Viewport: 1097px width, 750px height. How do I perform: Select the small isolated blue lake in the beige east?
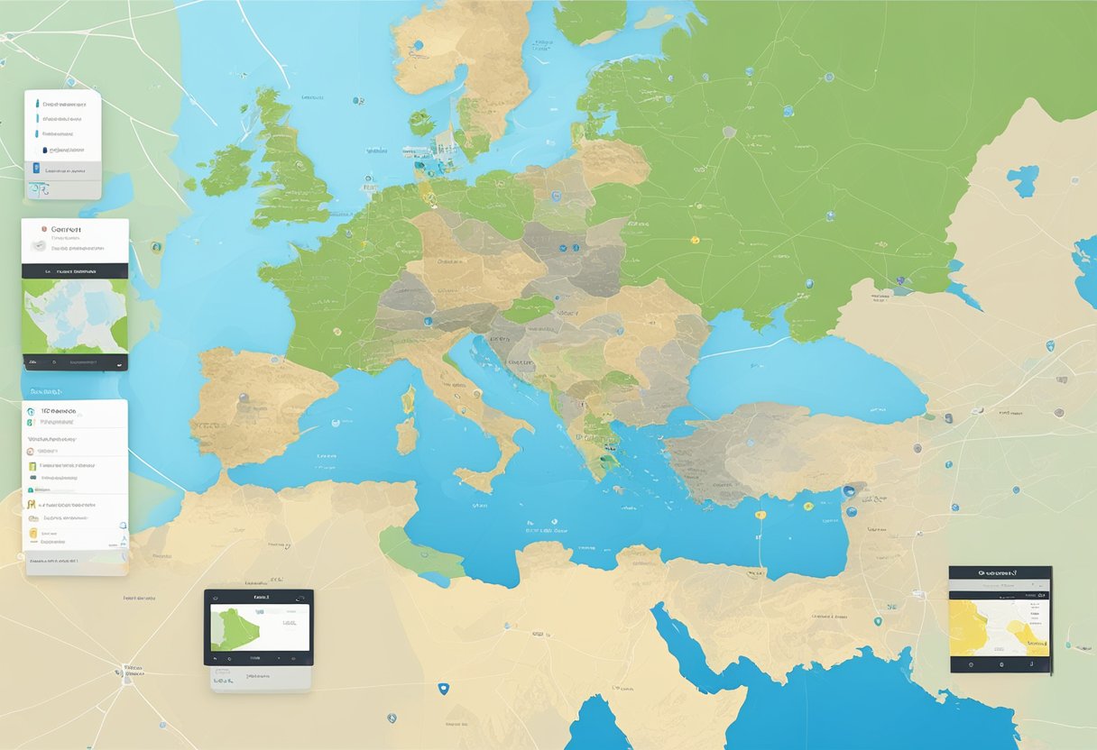[x=1022, y=180]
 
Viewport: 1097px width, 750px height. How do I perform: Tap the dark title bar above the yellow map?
[x=1000, y=572]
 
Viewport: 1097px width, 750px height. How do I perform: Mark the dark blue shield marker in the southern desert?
[x=441, y=688]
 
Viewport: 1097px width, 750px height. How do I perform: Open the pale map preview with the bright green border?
[x=75, y=316]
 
